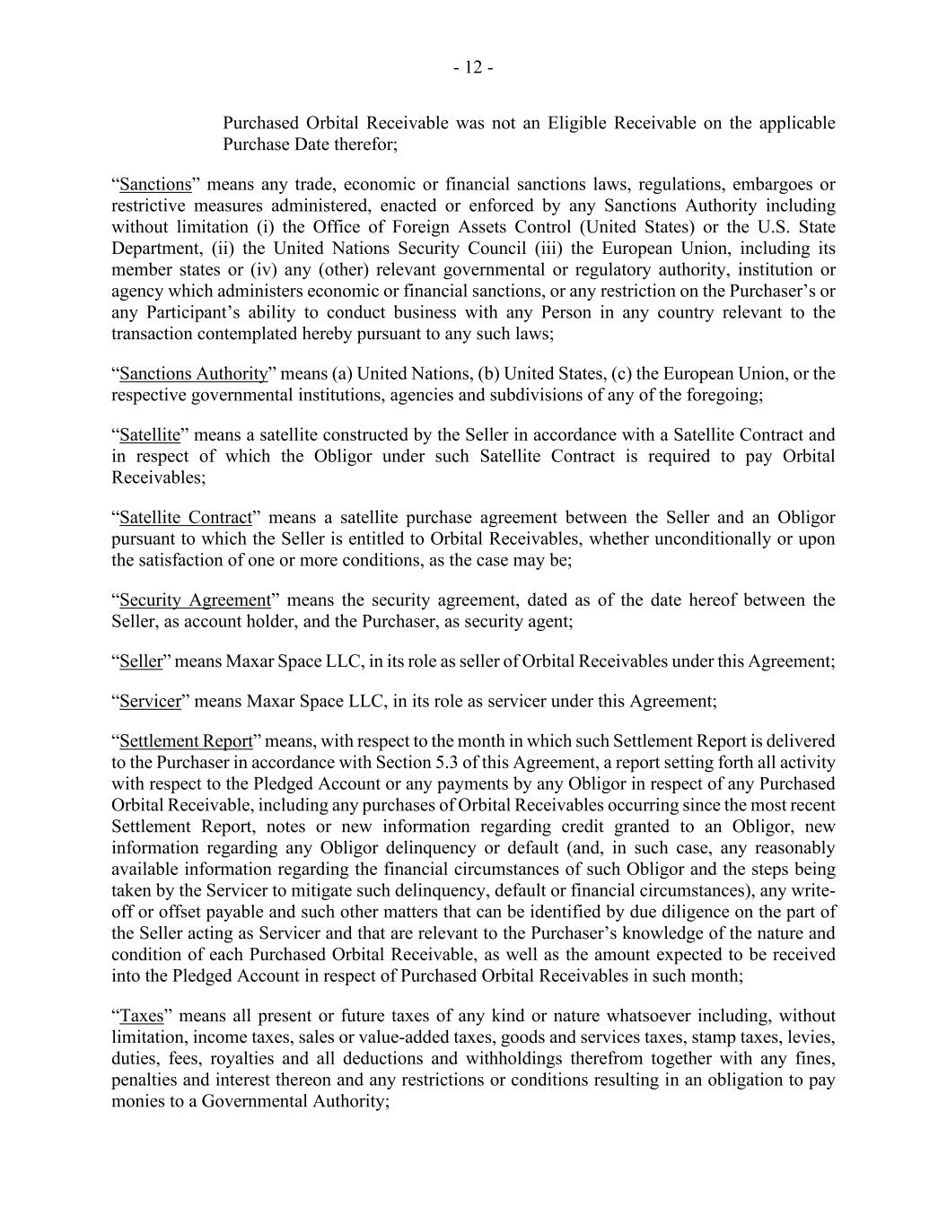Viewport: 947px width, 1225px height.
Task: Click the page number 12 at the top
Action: tap(473, 68)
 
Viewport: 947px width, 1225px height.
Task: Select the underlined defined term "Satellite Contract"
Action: tap(185, 518)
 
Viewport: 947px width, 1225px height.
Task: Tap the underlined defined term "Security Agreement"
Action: tap(195, 600)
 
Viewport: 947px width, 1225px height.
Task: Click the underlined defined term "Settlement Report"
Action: tap(186, 741)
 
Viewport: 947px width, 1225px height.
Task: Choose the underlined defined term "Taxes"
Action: tap(142, 1016)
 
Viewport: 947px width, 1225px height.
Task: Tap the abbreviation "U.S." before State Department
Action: tap(775, 227)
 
